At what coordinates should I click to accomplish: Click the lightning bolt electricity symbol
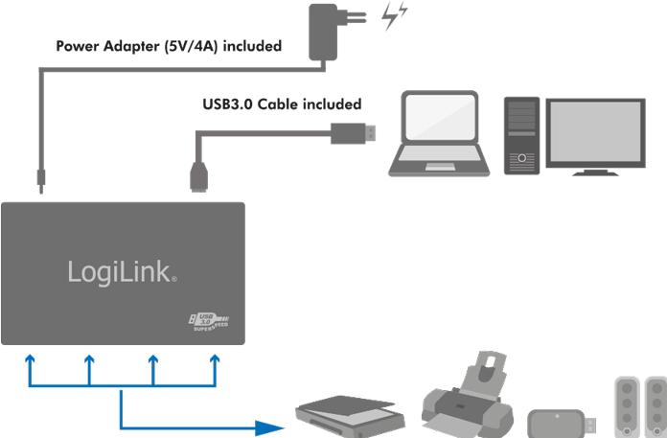pyautogui.click(x=394, y=17)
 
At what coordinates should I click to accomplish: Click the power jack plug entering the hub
pyautogui.click(x=40, y=179)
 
